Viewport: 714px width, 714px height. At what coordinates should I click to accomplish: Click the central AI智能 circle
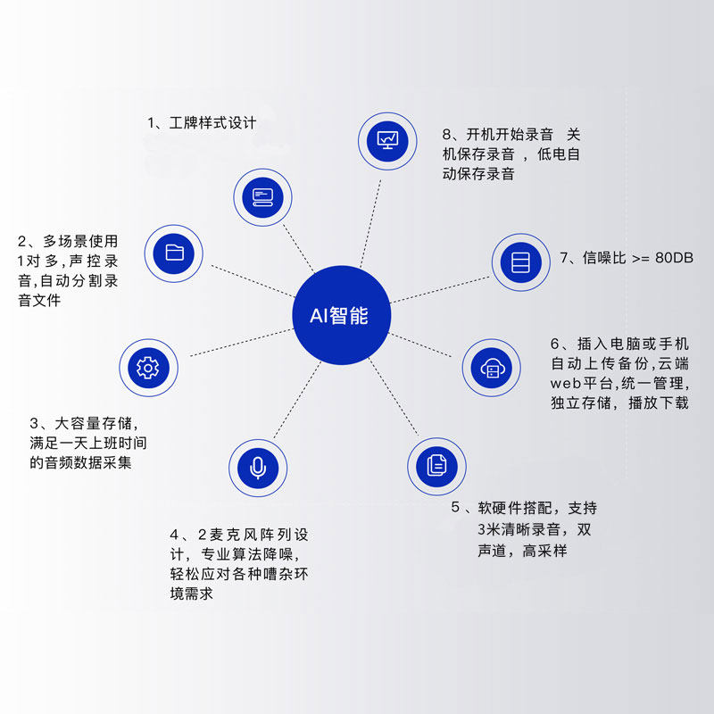click(x=343, y=314)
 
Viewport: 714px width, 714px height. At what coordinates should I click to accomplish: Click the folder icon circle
click(x=175, y=253)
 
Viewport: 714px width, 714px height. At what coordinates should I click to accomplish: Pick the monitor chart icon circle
click(x=388, y=139)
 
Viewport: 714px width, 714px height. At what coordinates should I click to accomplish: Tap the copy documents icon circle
click(x=436, y=464)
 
